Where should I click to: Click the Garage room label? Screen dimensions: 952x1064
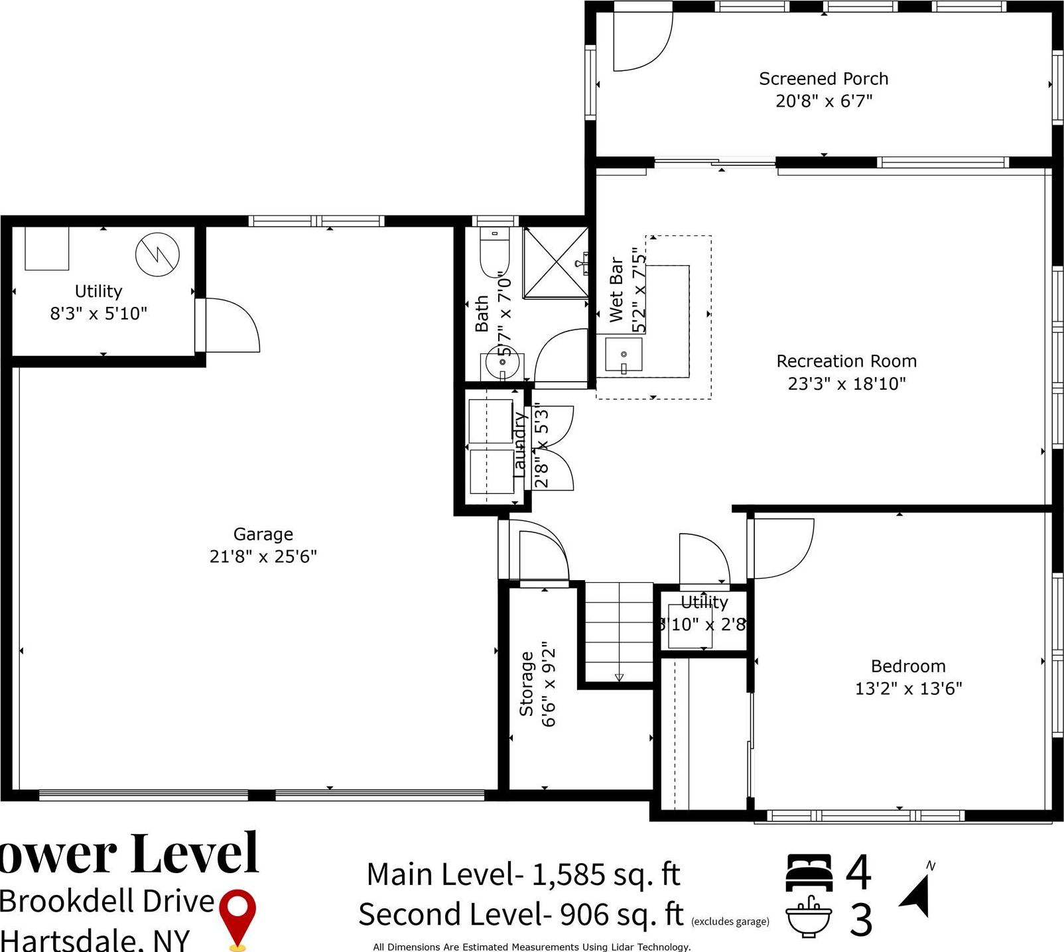pos(263,534)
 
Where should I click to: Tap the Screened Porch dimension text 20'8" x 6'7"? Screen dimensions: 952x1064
pos(824,101)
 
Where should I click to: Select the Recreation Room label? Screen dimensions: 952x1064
pos(846,361)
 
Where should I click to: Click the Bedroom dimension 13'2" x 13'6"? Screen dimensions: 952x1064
pos(908,688)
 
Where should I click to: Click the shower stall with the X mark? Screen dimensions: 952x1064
pos(555,263)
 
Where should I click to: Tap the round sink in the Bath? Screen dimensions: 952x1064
pos(501,362)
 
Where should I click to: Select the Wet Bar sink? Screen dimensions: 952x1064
pos(624,355)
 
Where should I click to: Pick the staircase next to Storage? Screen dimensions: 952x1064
pos(619,633)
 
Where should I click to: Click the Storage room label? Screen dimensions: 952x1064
pos(527,684)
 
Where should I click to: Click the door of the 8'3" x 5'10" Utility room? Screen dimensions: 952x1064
pos(229,325)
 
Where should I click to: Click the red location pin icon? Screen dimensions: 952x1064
pos(237,916)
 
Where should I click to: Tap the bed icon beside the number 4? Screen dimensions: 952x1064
pos(809,872)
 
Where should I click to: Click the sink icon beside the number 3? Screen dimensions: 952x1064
pos(809,918)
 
